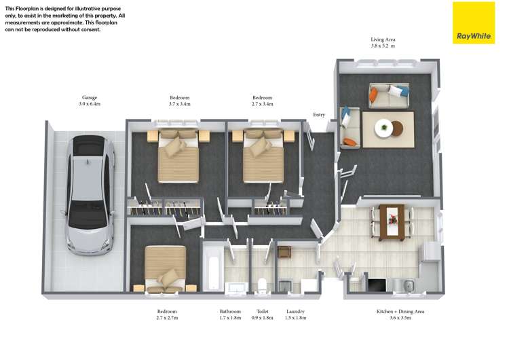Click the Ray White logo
pos(474,22)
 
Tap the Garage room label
pos(90,98)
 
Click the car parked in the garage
pos(90,196)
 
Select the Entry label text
pos(319,115)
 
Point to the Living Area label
pos(383,39)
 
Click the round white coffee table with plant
pos(384,128)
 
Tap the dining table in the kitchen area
pos(392,222)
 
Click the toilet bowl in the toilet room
pos(262,285)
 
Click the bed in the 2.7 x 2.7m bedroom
pos(165,268)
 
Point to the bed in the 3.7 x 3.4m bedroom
pos(178,157)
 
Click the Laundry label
pos(295,311)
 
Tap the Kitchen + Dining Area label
pos(400,311)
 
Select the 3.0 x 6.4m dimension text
pos(90,104)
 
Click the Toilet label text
pos(262,311)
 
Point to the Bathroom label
pos(230,311)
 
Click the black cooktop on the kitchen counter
pos(377,285)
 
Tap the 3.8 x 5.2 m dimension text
pos(383,46)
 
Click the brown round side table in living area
pos(397,128)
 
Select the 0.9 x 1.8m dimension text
pos(262,318)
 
